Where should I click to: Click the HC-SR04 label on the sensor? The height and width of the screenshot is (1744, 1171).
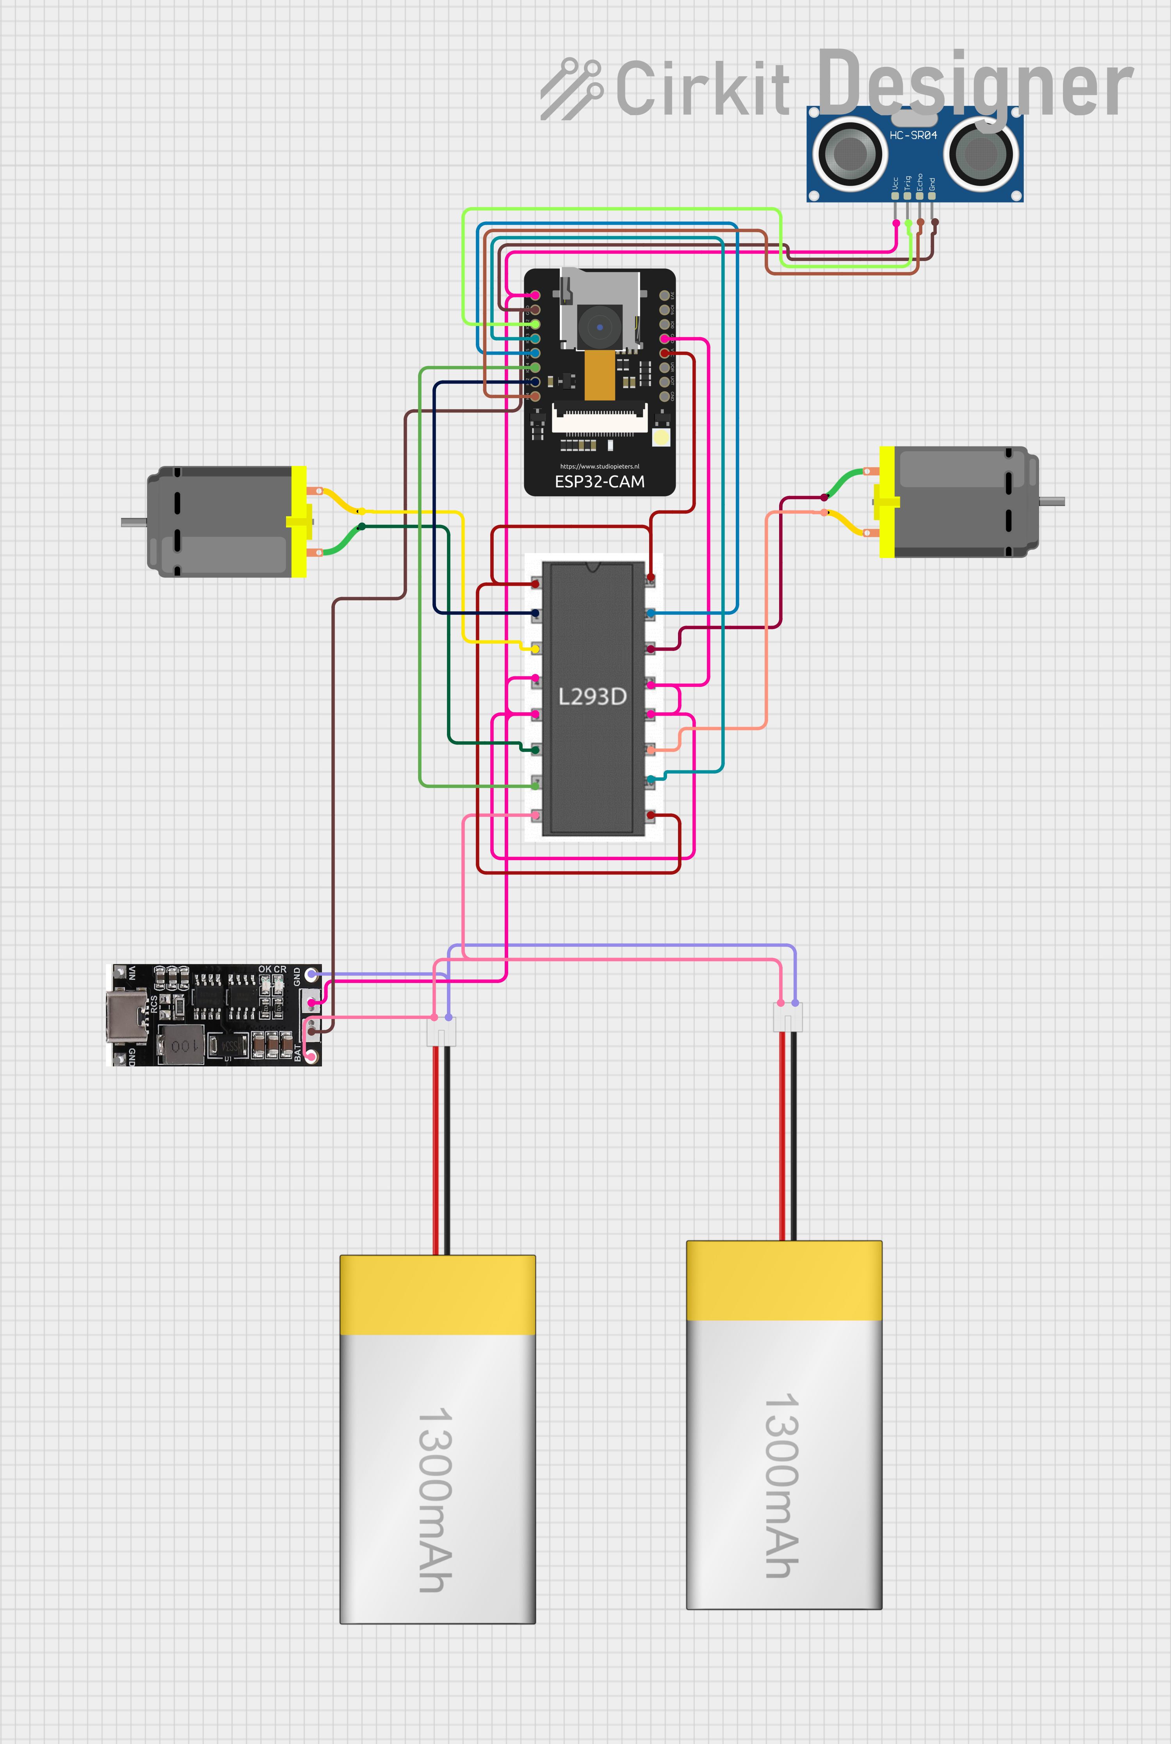(x=913, y=135)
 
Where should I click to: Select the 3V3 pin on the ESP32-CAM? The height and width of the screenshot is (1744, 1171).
(x=664, y=296)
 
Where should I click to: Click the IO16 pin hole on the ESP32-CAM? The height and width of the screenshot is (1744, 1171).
(x=664, y=310)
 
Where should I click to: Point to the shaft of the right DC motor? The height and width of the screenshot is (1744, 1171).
(x=1052, y=502)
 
